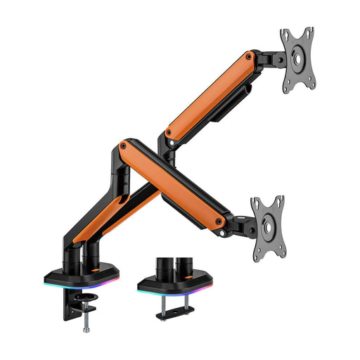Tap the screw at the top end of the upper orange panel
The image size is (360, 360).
coord(252,56)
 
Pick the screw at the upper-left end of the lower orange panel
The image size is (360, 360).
coord(124,146)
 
